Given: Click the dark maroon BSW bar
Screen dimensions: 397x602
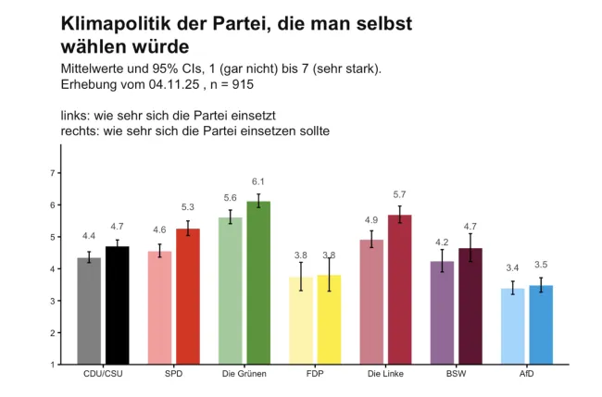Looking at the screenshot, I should [470, 306].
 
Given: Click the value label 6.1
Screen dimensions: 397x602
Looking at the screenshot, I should [258, 181].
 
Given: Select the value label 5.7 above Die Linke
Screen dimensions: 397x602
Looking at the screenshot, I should [400, 194].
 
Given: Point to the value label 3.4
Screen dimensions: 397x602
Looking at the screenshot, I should [513, 267].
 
